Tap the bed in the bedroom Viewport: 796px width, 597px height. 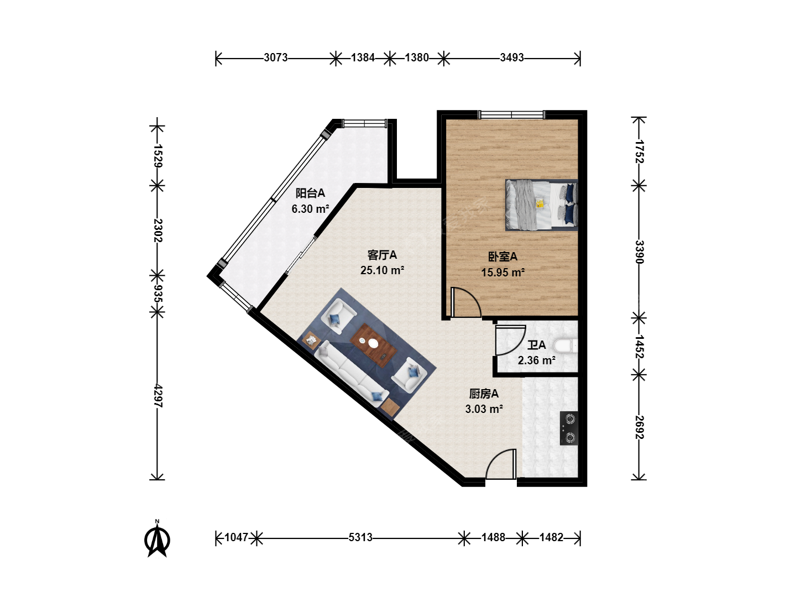(x=541, y=205)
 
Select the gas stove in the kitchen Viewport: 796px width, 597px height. (x=569, y=428)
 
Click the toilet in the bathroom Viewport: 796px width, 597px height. (x=565, y=345)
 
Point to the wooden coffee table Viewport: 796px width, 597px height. (x=373, y=345)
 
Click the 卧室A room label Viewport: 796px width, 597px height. (x=502, y=256)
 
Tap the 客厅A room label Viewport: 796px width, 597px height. (x=382, y=255)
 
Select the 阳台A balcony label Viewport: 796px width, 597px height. (x=310, y=193)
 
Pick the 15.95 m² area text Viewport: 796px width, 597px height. (x=503, y=272)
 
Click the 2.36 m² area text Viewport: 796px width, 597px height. (x=537, y=360)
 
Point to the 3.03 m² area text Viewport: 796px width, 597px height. (x=484, y=409)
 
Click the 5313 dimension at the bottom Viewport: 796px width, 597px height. (x=360, y=537)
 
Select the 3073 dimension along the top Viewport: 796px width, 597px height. (x=276, y=57)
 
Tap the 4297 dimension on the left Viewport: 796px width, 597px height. (x=158, y=396)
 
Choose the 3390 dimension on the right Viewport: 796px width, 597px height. (x=639, y=252)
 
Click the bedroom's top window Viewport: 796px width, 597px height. (x=512, y=115)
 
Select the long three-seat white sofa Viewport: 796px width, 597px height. (x=350, y=374)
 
